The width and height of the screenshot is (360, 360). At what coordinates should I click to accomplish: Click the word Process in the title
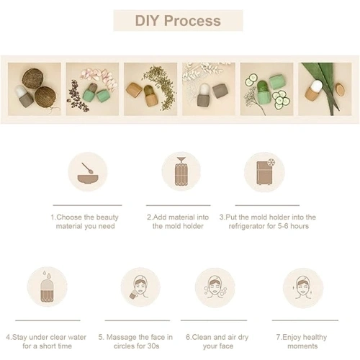[x=192, y=21]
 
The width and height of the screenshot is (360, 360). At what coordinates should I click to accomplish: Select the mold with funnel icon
[x=181, y=171]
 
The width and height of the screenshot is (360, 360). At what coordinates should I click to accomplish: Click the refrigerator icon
[x=265, y=172]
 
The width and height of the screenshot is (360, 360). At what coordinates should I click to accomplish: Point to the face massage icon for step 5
[x=140, y=287]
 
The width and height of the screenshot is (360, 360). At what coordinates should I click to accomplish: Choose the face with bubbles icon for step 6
[x=215, y=287]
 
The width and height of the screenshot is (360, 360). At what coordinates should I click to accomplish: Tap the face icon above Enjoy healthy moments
[x=302, y=287]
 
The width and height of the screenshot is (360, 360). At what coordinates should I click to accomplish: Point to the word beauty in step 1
[x=107, y=217]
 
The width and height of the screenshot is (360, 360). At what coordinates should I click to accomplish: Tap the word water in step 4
[x=77, y=337]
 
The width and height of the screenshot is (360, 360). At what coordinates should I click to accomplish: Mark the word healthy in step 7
[x=315, y=338]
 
